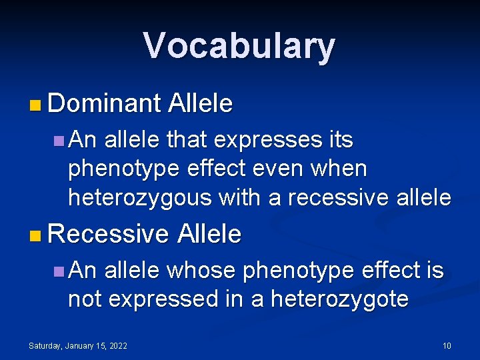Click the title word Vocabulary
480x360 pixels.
click(x=239, y=46)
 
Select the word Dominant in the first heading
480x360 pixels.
click(x=105, y=103)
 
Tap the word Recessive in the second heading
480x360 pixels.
click(x=109, y=234)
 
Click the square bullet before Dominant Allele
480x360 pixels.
click(x=35, y=105)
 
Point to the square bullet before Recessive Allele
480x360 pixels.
click(x=35, y=235)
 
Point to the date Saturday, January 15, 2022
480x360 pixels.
click(x=78, y=345)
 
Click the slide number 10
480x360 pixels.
click(x=447, y=345)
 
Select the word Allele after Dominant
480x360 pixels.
click(x=201, y=103)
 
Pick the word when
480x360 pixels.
click(x=341, y=169)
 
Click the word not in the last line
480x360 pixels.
click(x=85, y=299)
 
